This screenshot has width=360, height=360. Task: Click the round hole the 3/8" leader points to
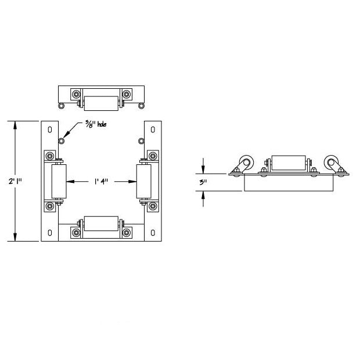[62, 140]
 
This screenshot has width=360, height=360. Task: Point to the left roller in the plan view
[59, 181]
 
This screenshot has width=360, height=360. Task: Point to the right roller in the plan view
[143, 181]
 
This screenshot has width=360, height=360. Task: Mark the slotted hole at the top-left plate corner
[50, 129]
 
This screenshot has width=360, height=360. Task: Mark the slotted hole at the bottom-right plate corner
[152, 233]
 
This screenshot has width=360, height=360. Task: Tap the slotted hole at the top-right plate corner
[152, 129]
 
